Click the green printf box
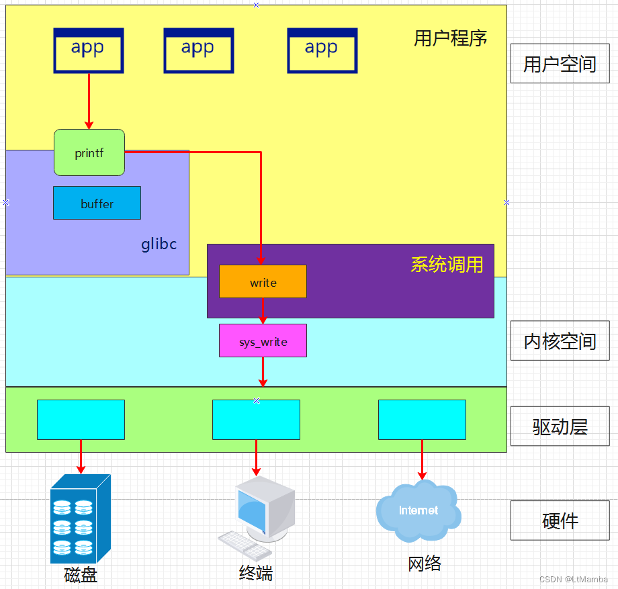[x=89, y=152]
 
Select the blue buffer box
[x=97, y=203]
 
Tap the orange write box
[x=263, y=281]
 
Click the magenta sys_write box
[x=263, y=341]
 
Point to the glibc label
[x=159, y=244]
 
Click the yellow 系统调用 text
[x=447, y=265]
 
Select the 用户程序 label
[x=450, y=38]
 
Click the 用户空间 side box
[x=560, y=64]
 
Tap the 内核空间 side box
[x=560, y=341]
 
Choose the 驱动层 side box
[x=560, y=426]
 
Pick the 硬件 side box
[x=560, y=520]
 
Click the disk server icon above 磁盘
[x=80, y=518]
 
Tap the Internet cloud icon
[x=418, y=512]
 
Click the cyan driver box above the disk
[x=81, y=420]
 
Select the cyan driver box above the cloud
[x=422, y=420]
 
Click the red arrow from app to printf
[x=89, y=101]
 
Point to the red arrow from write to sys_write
[x=263, y=311]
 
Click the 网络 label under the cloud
[x=425, y=563]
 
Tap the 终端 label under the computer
[x=256, y=574]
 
